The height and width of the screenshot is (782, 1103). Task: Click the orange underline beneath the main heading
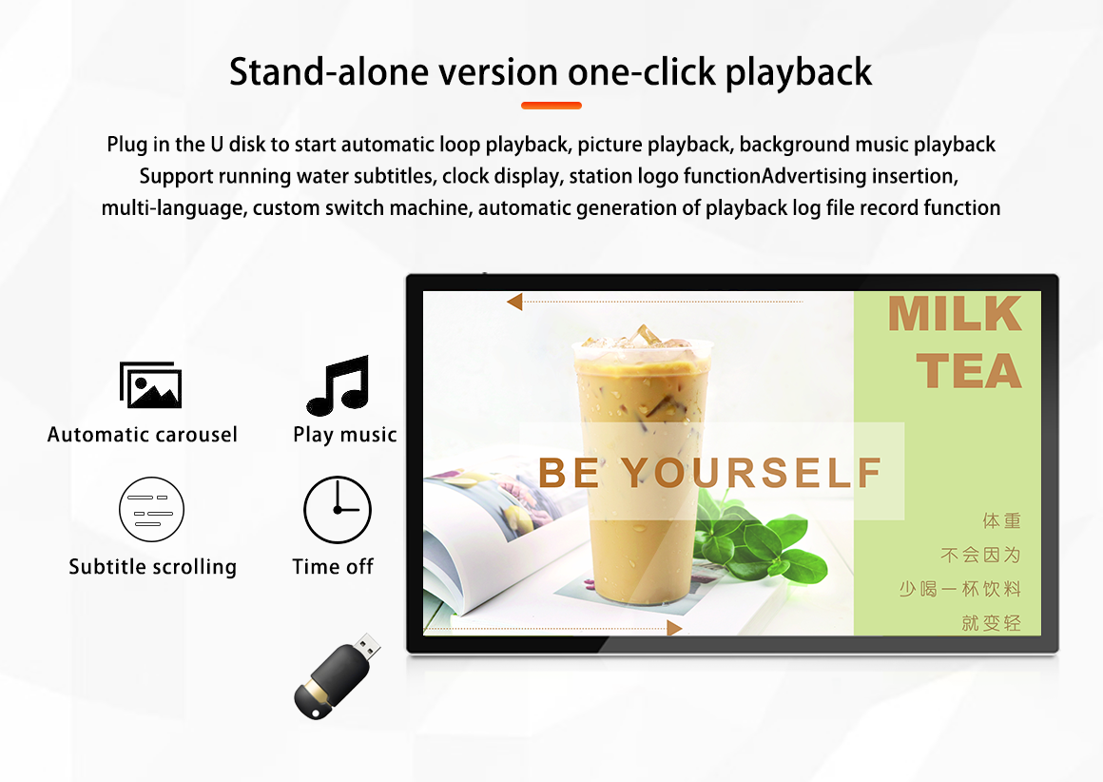coord(551,106)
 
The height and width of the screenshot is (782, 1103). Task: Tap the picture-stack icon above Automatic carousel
coord(150,385)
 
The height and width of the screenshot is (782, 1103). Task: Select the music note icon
coord(339,385)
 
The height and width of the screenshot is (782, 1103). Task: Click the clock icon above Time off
coord(337,510)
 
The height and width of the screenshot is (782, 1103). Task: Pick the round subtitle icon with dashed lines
coord(151,509)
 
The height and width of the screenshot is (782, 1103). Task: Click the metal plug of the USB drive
coord(367,645)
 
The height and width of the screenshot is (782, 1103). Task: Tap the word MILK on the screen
coord(955,313)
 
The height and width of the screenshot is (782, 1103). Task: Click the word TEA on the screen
coord(969,371)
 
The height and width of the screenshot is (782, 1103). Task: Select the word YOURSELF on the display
coord(751,472)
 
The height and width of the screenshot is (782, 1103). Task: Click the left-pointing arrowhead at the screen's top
coord(514,302)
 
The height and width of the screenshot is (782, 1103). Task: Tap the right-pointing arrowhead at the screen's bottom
coord(674,628)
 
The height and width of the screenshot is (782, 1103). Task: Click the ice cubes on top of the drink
coord(637,338)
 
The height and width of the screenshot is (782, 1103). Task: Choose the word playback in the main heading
coord(798,72)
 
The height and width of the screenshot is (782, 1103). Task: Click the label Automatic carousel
coord(142,435)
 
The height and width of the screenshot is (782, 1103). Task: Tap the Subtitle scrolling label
coord(153,567)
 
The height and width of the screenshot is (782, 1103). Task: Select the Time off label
coord(333,567)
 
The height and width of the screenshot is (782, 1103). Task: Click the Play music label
coord(344,435)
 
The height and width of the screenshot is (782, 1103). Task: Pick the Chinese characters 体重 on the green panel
coord(1001,521)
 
